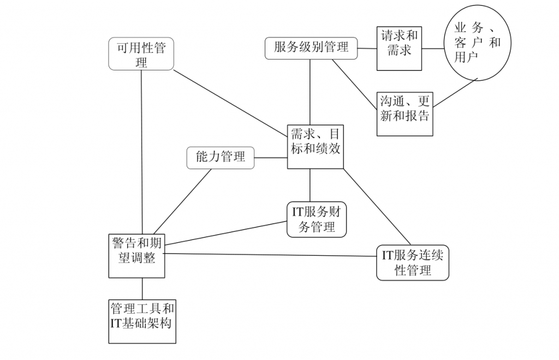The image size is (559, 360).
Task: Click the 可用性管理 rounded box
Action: [141, 54]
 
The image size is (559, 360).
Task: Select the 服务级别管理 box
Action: [311, 48]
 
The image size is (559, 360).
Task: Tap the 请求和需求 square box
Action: [399, 49]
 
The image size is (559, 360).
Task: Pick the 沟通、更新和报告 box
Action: [405, 114]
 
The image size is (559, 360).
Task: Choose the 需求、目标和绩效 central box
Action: [316, 147]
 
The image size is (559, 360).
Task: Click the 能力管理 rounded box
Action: [221, 158]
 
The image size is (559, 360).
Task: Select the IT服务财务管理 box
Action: [316, 219]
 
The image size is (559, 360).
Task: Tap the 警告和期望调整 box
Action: [136, 255]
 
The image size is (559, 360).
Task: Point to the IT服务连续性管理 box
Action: [413, 263]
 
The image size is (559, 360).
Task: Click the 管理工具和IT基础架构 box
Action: [142, 321]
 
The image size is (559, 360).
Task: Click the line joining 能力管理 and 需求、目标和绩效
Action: [271, 158]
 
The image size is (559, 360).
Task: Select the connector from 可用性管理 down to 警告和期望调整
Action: [141, 153]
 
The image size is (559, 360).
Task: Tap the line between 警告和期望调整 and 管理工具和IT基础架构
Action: [142, 288]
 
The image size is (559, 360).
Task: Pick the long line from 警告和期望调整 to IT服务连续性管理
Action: [270, 255]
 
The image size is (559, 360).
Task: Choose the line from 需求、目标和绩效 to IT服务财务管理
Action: [310, 185]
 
